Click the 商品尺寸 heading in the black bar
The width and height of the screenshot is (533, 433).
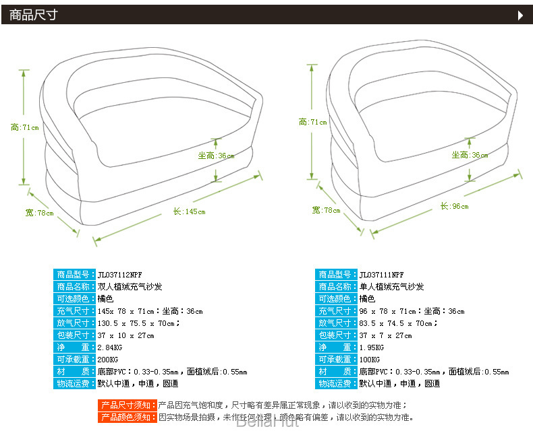point(34,15)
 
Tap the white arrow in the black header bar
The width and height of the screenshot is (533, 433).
point(520,15)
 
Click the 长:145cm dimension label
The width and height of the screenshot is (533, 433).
point(189,211)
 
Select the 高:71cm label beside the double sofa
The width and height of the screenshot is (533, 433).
point(25,127)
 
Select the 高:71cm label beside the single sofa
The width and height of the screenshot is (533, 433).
point(312,122)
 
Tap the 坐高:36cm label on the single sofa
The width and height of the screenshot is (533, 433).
point(470,155)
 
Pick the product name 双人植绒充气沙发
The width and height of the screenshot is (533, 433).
point(130,287)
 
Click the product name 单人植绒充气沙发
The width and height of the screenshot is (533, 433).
point(392,287)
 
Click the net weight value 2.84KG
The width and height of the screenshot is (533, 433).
point(111,347)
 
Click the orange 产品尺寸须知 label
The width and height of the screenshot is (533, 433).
point(128,405)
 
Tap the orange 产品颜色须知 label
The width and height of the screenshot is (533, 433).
point(128,418)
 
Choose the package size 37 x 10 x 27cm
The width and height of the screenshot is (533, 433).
point(126,335)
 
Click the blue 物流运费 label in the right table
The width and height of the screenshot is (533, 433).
point(336,384)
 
